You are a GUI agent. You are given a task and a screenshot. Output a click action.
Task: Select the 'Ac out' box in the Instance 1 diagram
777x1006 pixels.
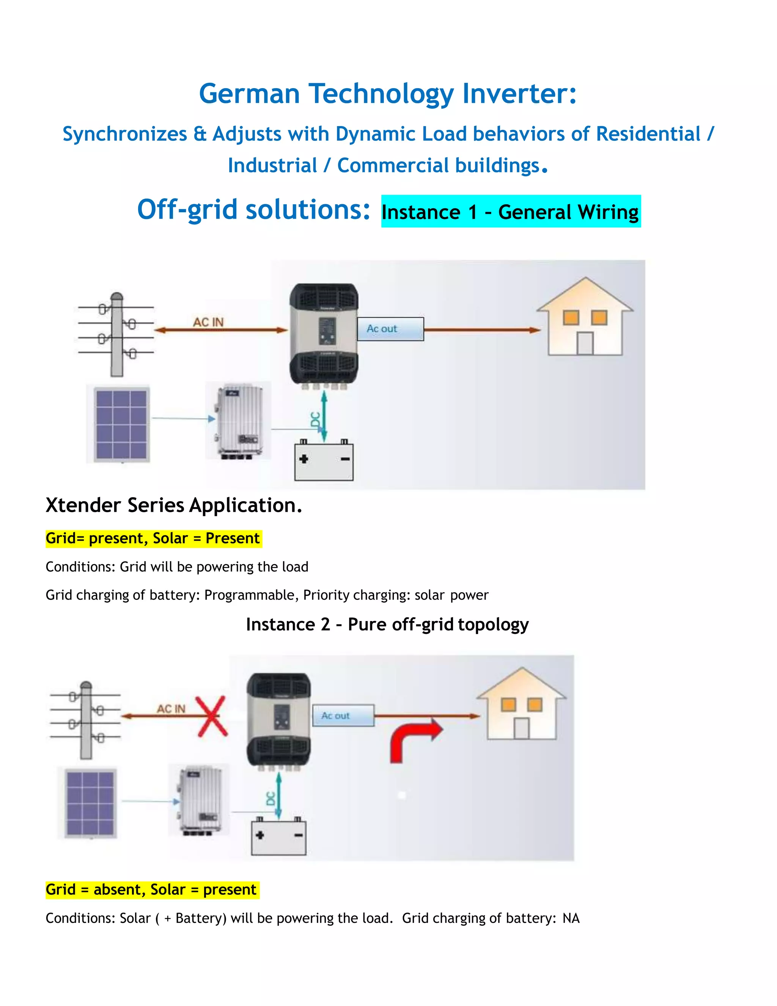(x=390, y=329)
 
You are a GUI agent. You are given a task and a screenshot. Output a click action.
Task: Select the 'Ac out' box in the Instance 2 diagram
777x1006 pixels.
(x=343, y=715)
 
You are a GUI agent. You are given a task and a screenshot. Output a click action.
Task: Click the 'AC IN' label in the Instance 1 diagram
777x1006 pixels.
(x=208, y=322)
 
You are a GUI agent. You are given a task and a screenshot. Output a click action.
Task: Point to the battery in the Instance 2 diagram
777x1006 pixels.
(x=278, y=837)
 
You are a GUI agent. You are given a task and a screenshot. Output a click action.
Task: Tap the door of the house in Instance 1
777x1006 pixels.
(x=585, y=344)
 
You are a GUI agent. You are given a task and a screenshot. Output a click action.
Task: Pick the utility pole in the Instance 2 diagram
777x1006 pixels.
(x=86, y=721)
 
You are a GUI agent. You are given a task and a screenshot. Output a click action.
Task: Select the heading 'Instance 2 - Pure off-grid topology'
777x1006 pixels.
(x=387, y=624)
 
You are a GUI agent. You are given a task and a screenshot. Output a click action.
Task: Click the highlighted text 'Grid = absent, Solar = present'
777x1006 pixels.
(x=151, y=889)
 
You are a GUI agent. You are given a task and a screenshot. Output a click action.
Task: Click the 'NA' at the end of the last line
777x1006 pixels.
(x=571, y=918)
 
